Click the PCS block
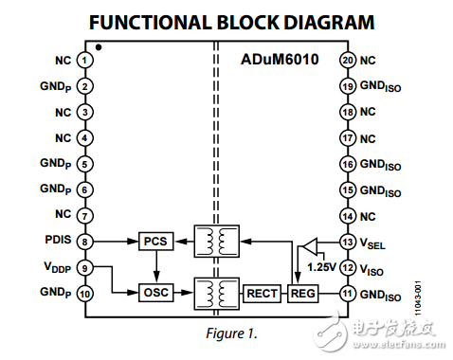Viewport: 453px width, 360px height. pos(154,242)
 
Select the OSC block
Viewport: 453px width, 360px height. pos(154,293)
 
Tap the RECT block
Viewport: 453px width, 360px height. pos(263,293)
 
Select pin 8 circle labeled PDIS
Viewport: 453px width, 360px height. pos(85,242)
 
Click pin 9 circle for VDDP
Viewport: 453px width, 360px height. pos(85,268)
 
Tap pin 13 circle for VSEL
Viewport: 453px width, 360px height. pos(347,242)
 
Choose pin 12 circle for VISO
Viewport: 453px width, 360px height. pos(347,268)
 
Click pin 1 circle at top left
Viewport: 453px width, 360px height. pos(85,60)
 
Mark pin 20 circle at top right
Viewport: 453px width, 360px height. pos(347,60)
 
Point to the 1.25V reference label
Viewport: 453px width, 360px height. pos(321,267)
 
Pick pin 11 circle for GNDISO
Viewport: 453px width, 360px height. pos(347,294)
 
